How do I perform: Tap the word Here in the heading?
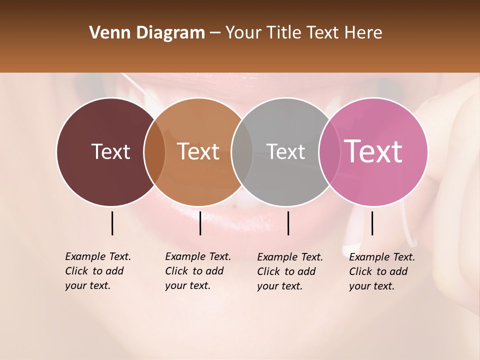tap(364, 33)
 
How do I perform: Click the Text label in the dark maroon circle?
tap(110, 151)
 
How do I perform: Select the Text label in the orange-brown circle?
tap(198, 151)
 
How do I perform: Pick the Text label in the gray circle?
tap(285, 151)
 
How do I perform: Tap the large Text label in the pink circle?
tap(373, 151)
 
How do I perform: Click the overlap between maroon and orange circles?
tap(154, 151)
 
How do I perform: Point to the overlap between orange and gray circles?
tap(242, 151)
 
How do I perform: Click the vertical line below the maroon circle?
tap(112, 223)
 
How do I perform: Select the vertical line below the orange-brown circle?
tap(200, 223)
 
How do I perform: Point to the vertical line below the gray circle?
tap(288, 223)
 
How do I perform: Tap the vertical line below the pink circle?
tap(372, 223)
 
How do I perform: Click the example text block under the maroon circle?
tap(98, 271)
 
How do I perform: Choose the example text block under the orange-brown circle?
tap(198, 271)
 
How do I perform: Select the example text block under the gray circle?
tap(290, 271)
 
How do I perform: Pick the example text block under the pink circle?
tap(382, 271)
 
